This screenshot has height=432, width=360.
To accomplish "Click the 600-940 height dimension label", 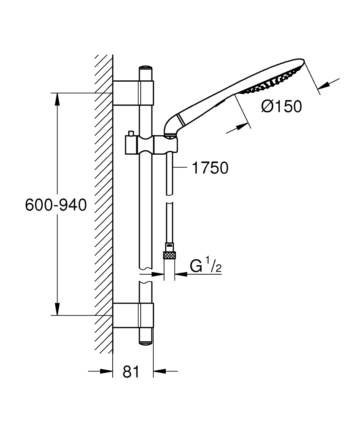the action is click(x=56, y=205).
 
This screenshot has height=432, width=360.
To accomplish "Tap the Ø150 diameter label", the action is click(x=281, y=106).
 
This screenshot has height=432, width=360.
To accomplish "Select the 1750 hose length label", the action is click(x=210, y=168).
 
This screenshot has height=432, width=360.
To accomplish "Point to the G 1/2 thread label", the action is click(x=205, y=265).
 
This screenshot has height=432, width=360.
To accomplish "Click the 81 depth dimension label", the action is click(x=131, y=372).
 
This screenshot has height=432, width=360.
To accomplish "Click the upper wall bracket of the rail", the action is click(x=133, y=93).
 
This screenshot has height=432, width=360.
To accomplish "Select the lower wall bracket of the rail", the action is click(x=133, y=315).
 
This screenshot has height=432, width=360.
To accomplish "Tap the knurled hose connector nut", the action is click(x=169, y=255).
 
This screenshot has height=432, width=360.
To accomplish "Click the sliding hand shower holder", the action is click(x=152, y=144).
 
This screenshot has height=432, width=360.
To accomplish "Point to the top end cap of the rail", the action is click(x=145, y=67).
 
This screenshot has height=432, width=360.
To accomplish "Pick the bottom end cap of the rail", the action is click(x=145, y=343).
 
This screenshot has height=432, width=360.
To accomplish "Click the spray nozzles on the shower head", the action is click(x=271, y=81).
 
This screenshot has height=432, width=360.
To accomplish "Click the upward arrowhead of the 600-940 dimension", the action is click(x=57, y=99).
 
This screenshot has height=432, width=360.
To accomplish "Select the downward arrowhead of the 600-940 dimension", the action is click(x=57, y=309).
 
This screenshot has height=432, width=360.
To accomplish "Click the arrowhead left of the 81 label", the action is click(x=107, y=371).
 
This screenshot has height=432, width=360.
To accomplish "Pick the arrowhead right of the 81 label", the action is click(x=160, y=371).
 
